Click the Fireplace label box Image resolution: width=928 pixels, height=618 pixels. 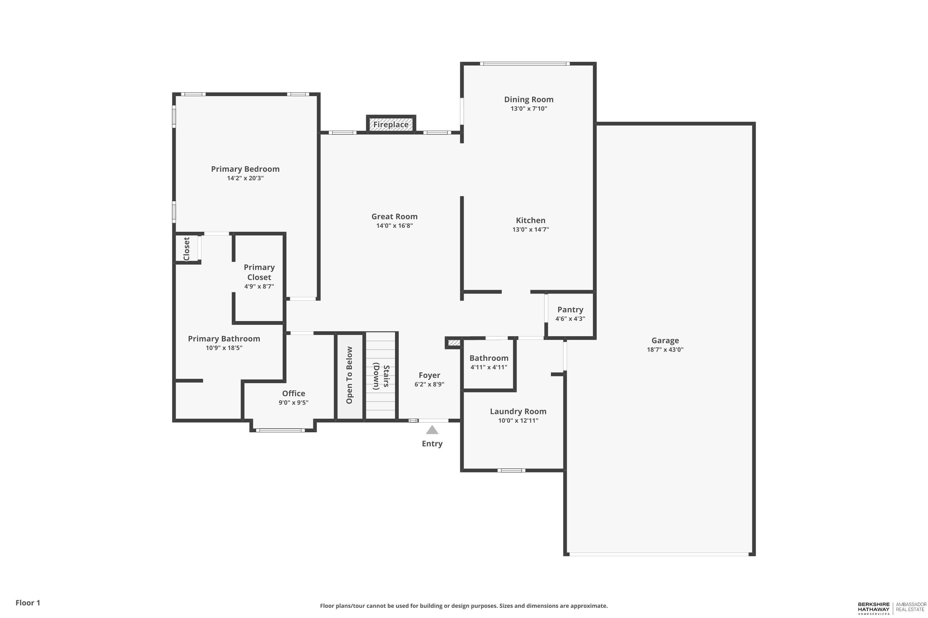pos(391,125)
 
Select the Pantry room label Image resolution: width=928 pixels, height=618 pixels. pos(570,310)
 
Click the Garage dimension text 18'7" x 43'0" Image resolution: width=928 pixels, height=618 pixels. pos(665,349)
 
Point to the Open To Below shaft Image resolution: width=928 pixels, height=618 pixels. pos(350,376)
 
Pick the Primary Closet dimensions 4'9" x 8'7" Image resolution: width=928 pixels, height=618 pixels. pos(259,286)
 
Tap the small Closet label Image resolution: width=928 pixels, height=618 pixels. pos(187,249)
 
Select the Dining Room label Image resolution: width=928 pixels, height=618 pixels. pos(529,100)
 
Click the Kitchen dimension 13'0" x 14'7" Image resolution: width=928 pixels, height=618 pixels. pos(531,229)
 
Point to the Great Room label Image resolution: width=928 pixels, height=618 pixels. pos(395,216)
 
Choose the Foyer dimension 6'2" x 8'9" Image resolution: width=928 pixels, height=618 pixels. pos(429,384)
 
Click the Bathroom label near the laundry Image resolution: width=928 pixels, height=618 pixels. pos(489,358)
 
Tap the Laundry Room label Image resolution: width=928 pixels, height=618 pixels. pos(518,412)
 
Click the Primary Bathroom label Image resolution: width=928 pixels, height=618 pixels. pos(224,339)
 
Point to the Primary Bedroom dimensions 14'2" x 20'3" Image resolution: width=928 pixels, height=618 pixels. pos(245,178)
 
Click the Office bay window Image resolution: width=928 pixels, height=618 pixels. pos(281,430)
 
